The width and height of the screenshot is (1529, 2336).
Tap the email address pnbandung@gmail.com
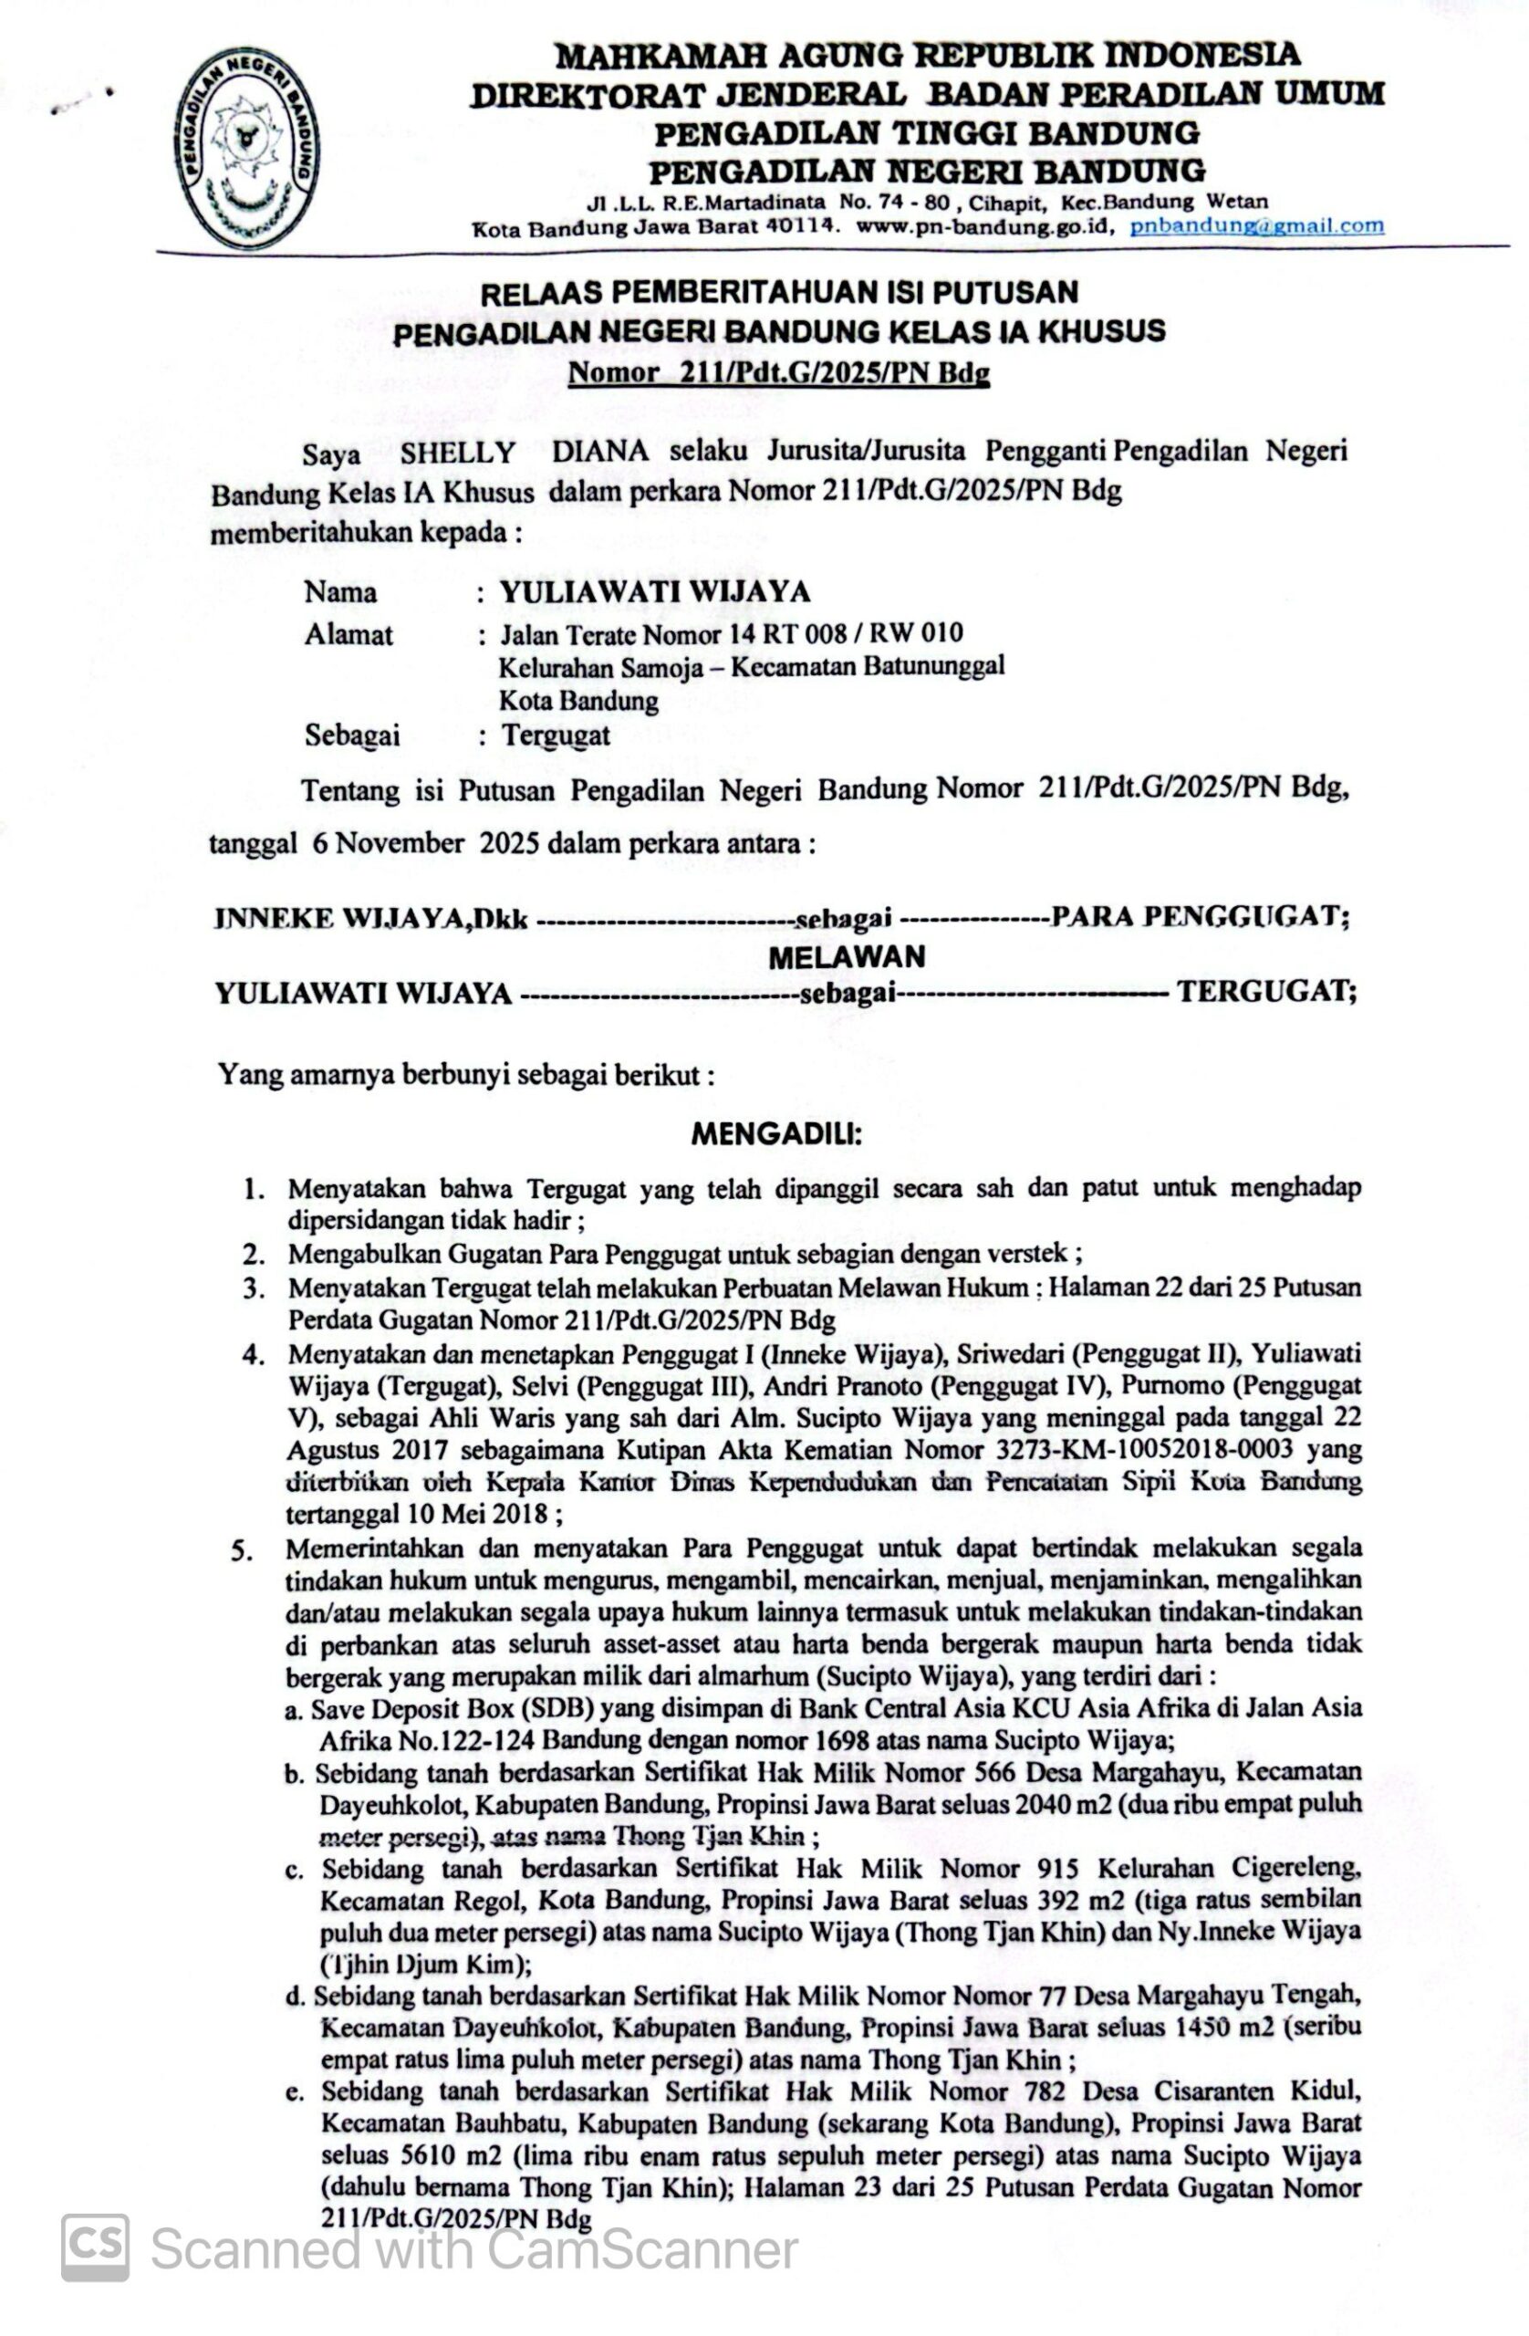1256,225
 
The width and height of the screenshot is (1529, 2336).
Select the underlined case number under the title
779,373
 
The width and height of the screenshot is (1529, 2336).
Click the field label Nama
339,592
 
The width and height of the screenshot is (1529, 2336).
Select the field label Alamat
348,634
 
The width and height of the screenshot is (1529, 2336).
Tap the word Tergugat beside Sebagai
556,735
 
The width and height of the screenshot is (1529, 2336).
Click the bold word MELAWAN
846,956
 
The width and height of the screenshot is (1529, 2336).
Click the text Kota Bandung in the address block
578,701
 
